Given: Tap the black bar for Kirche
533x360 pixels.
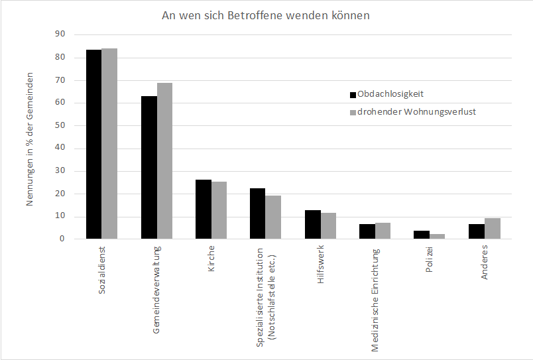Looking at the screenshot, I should (203, 209).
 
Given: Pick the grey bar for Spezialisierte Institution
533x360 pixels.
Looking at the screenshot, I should (273, 217).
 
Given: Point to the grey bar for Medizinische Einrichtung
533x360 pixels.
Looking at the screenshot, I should (383, 231).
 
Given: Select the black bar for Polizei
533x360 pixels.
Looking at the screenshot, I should (422, 235).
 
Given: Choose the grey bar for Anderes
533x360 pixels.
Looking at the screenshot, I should (492, 228).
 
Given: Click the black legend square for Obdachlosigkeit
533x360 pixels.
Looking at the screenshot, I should (353, 94).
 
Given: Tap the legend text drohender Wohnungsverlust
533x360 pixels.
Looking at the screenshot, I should (416, 111).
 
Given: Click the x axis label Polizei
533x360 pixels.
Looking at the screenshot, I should (430, 263).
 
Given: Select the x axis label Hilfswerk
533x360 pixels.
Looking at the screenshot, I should (321, 267).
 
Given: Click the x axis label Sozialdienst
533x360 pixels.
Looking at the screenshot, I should (102, 271).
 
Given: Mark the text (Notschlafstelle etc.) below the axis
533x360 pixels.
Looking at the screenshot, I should (270, 296).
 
